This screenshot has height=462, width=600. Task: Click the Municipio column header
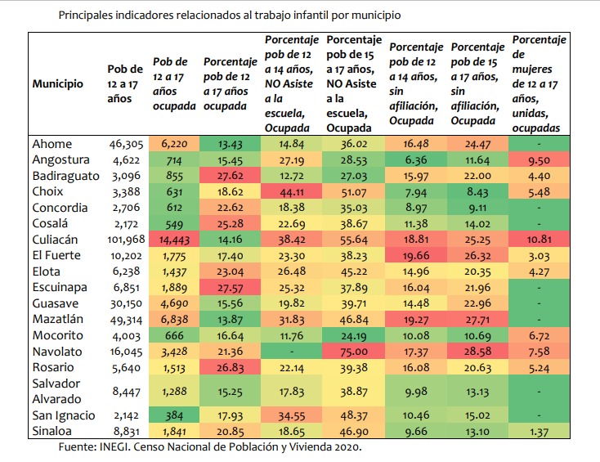click(x=58, y=84)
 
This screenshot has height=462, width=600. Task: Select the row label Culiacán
click(x=55, y=240)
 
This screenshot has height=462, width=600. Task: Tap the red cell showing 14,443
click(x=174, y=240)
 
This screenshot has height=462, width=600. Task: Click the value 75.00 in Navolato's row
click(x=354, y=352)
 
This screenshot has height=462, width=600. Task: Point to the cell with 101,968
click(x=126, y=240)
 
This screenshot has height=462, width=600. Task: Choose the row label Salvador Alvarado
click(x=56, y=391)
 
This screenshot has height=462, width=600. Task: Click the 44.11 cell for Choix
click(x=291, y=192)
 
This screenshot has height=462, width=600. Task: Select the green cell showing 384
click(x=174, y=415)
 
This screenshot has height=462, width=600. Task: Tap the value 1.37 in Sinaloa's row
click(x=539, y=432)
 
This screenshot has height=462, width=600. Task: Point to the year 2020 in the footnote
click(x=347, y=447)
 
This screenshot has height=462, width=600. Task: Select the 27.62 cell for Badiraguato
click(x=230, y=176)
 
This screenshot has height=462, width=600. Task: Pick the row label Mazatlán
click(x=58, y=319)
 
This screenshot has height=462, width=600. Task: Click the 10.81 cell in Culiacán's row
click(x=539, y=240)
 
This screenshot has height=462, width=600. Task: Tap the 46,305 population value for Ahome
click(x=126, y=144)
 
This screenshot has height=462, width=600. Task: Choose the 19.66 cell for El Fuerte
click(x=415, y=255)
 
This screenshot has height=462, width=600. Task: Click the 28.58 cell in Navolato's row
click(x=477, y=352)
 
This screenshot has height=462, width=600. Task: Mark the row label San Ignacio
click(x=64, y=415)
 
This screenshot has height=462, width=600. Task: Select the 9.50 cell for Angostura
click(x=539, y=160)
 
